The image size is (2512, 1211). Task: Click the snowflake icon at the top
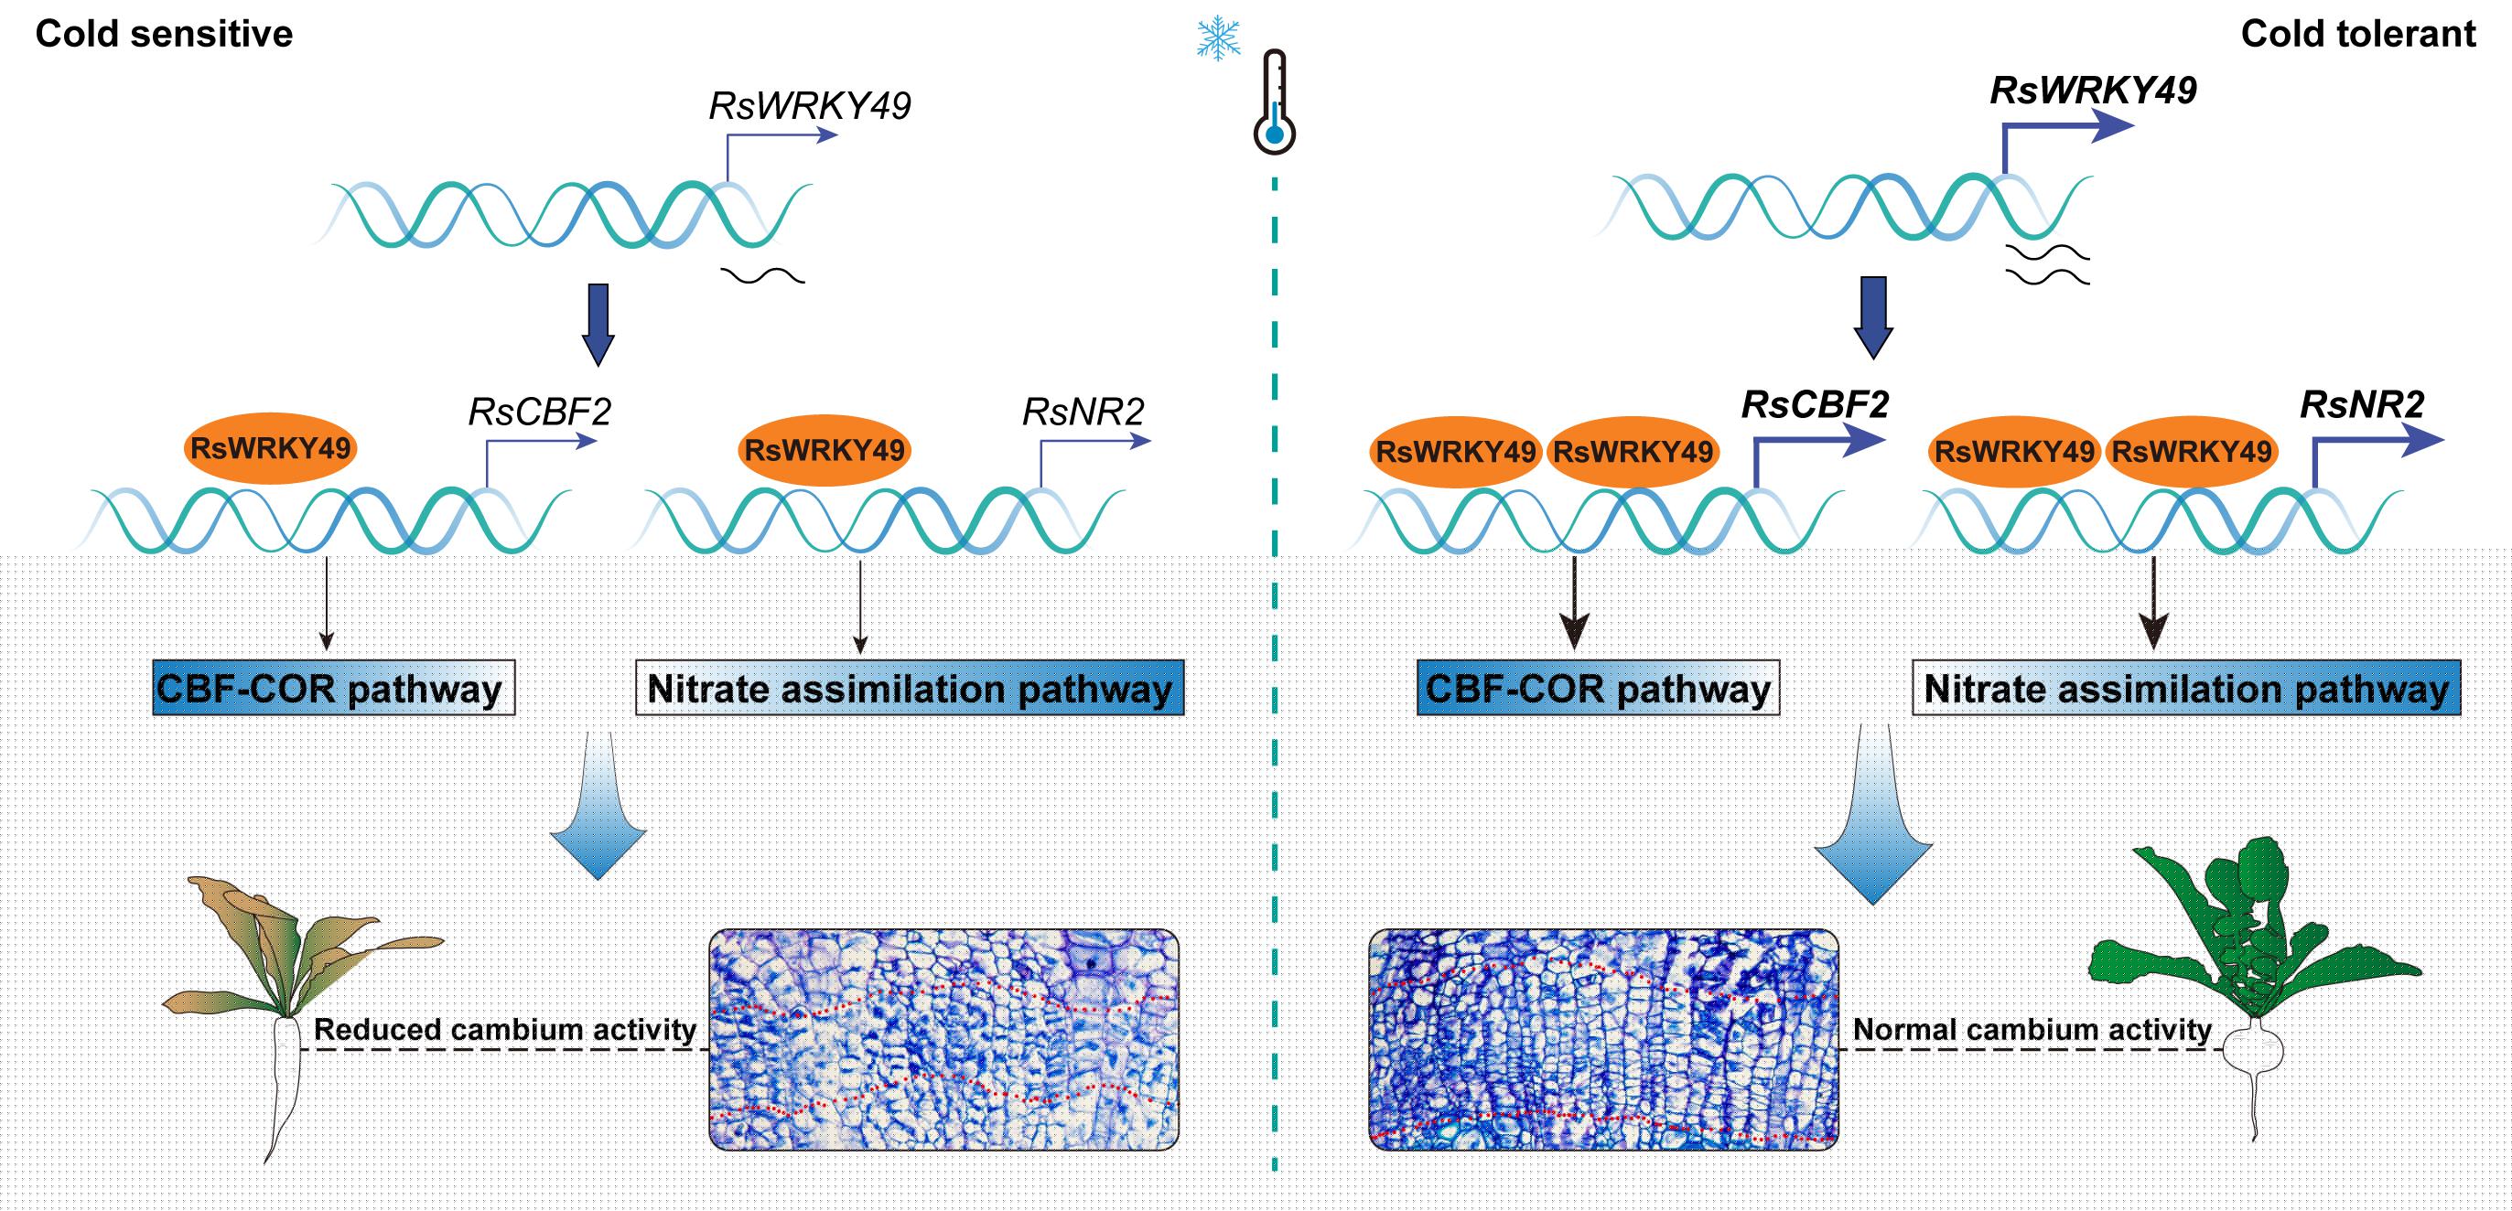click(x=1219, y=38)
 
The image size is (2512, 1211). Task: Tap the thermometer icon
click(x=1275, y=102)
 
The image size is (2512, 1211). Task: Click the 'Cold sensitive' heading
click(x=164, y=34)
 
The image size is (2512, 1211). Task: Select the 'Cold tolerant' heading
click(x=2358, y=34)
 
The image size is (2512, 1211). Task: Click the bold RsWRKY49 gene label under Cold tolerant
click(x=2093, y=91)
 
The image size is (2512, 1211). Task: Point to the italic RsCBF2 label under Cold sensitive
click(x=539, y=412)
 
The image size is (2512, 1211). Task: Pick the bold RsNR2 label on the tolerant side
click(x=2362, y=404)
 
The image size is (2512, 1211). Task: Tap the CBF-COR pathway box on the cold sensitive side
click(x=333, y=689)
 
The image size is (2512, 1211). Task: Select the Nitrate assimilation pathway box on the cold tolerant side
click(x=2186, y=689)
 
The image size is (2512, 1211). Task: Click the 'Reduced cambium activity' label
click(x=505, y=1030)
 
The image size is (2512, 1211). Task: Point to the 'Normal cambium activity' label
click(x=2032, y=1030)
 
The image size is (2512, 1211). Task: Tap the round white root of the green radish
click(x=2254, y=1050)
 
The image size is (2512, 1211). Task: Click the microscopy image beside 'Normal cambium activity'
click(x=1603, y=1039)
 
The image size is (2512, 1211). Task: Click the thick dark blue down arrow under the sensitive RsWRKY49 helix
click(x=598, y=325)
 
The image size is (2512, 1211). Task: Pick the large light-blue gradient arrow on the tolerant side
click(x=1872, y=814)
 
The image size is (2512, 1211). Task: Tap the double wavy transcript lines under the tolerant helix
click(x=2048, y=265)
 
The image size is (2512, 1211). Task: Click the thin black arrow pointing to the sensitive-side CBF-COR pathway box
click(x=327, y=605)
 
